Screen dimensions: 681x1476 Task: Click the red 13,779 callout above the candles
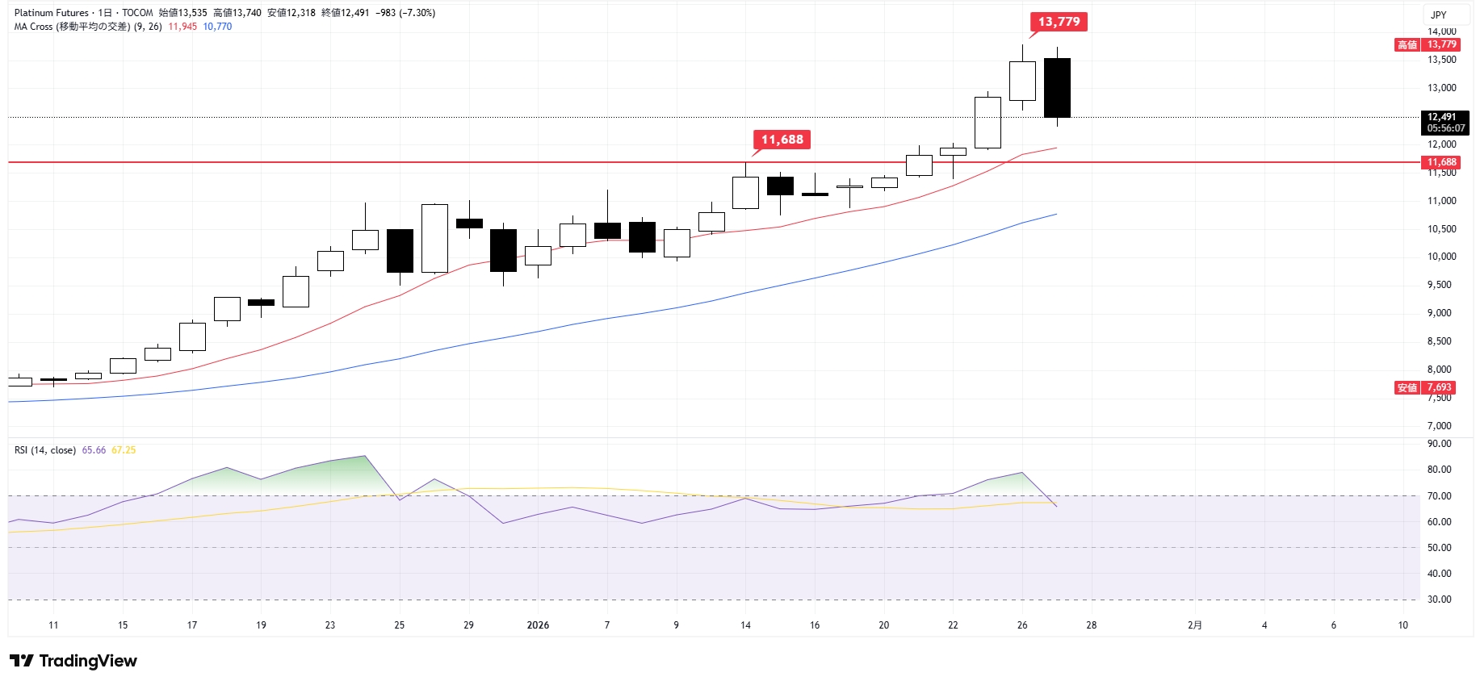[x=1059, y=22]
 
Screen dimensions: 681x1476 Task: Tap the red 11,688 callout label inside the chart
[x=782, y=140]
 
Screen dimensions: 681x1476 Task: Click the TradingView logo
[x=73, y=661]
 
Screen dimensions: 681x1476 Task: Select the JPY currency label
[x=1438, y=15]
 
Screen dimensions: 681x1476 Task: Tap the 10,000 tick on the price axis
[x=1441, y=257]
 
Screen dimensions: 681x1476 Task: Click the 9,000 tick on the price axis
[x=1441, y=313]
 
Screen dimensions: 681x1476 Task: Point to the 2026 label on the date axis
[x=538, y=625]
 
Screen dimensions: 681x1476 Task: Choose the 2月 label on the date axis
[x=1195, y=625]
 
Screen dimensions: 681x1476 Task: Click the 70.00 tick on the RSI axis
[x=1439, y=496]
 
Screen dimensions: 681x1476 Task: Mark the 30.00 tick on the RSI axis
[x=1439, y=600]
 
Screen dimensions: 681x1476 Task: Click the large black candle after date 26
[x=1057, y=87]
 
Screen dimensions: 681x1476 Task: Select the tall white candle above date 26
[x=1022, y=81]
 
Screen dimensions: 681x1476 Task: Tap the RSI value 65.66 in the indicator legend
[x=94, y=450]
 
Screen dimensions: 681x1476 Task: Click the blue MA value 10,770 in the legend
[x=217, y=27]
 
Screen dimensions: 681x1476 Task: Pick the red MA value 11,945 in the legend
[x=182, y=27]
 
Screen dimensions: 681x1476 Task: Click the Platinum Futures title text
[x=51, y=13]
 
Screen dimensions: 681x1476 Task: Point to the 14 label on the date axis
[x=745, y=625]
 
